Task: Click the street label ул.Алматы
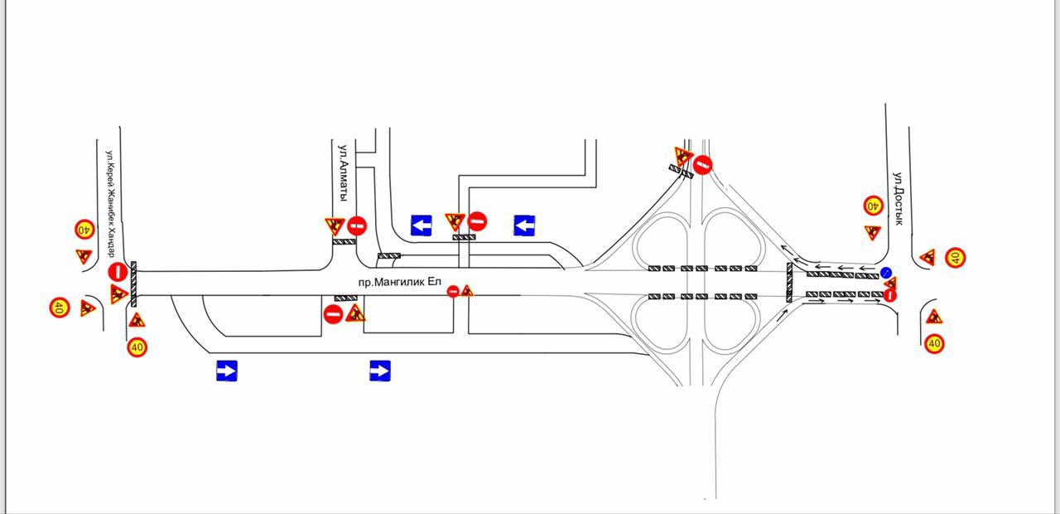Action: click(x=344, y=172)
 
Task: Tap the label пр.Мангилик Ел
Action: click(x=399, y=282)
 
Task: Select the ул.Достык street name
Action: click(x=898, y=198)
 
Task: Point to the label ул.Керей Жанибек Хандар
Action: click(x=110, y=204)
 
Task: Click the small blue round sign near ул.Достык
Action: click(x=886, y=273)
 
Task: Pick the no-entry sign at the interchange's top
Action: click(x=703, y=165)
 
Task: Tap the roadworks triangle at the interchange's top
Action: click(x=683, y=156)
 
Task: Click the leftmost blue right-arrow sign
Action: click(x=227, y=371)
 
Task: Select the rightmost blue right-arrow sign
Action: click(x=380, y=371)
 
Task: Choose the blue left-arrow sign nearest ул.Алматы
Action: click(x=422, y=225)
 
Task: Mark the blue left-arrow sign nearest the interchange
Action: click(x=524, y=225)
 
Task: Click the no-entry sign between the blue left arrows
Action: click(x=477, y=221)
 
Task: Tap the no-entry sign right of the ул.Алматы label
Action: click(x=357, y=226)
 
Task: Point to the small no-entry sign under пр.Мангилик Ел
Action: click(x=453, y=291)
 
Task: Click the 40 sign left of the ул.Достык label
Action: click(x=873, y=206)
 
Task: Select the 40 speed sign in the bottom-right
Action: click(x=934, y=343)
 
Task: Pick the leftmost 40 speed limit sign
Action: click(x=60, y=308)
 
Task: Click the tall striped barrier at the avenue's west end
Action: click(x=133, y=284)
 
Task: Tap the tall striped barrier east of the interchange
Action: click(x=789, y=283)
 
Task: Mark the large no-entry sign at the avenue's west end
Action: click(x=118, y=272)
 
